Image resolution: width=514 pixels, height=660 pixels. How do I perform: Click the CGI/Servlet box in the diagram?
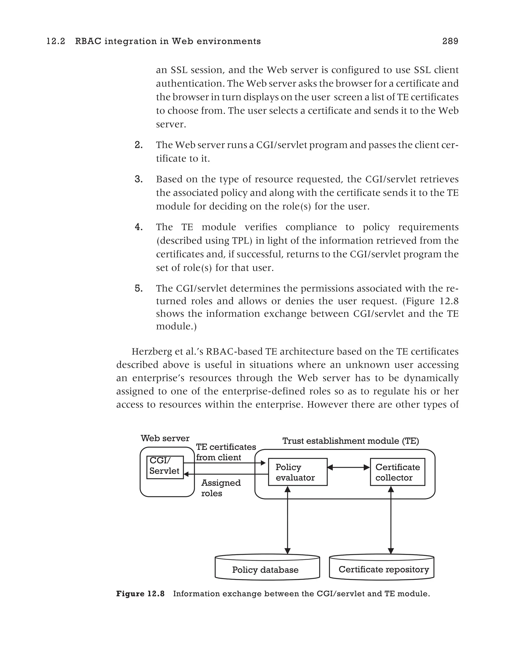coord(165,467)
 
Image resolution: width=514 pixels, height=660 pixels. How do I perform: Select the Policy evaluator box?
coord(297,472)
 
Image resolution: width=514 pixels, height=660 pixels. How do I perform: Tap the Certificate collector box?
coord(397,472)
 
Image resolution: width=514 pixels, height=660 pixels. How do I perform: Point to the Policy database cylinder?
coord(267,570)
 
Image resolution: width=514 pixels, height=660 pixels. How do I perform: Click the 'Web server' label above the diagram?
coord(165,438)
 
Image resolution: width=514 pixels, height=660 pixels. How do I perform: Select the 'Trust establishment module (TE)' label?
coord(350,441)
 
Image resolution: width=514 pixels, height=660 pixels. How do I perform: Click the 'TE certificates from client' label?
coord(226,452)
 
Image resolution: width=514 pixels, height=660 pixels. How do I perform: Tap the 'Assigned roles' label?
coord(221,488)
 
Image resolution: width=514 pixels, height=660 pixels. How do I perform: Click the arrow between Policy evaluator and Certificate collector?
coord(349,467)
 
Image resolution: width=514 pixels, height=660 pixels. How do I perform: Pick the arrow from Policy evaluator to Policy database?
coord(287,520)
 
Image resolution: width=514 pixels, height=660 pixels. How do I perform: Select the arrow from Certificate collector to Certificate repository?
coord(391,520)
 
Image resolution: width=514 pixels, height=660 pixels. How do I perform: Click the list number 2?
coord(139,145)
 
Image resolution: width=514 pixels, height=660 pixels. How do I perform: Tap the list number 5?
coord(139,289)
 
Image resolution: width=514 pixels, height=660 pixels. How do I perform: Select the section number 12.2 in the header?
coord(56,41)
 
